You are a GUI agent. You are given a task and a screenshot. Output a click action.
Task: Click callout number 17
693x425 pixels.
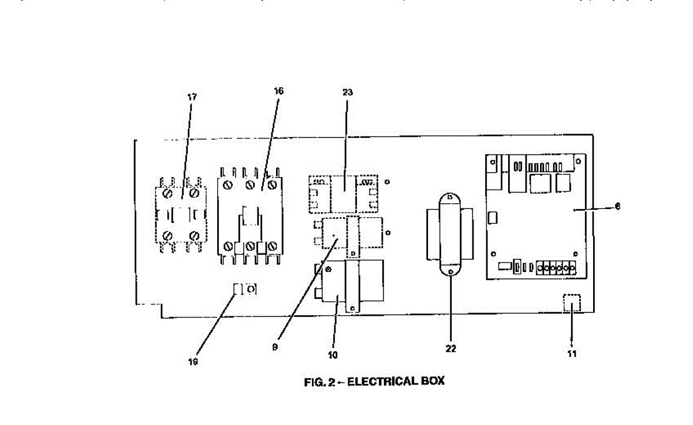point(192,96)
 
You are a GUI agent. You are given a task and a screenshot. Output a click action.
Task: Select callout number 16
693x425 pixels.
point(279,91)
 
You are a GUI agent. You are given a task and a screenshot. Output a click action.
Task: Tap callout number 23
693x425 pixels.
point(347,92)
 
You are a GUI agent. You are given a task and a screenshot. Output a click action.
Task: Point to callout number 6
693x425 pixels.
point(617,206)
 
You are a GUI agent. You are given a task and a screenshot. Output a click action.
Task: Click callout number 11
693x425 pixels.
point(572,353)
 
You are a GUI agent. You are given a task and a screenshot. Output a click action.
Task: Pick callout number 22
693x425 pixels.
point(450,349)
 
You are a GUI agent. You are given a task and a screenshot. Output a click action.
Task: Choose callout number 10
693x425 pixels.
point(333,355)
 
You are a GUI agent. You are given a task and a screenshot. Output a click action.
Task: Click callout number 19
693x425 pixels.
point(193,361)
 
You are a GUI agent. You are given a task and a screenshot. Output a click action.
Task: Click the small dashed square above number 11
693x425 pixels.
point(571,303)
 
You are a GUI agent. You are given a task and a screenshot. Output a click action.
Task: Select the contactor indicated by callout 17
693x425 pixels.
point(181,212)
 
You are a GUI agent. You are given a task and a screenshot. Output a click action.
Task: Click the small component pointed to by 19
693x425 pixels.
point(245,289)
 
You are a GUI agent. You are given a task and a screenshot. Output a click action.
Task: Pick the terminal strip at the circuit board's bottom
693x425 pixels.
point(556,268)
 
